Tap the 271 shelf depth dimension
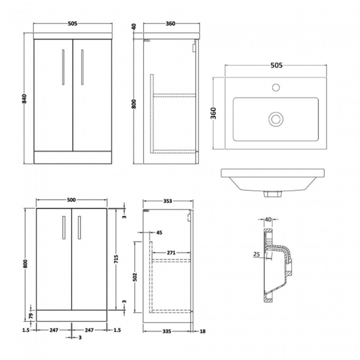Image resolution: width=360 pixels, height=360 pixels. (x=171, y=253)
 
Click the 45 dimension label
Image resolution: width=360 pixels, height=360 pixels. (x=160, y=233)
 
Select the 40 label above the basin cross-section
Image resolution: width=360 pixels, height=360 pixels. (x=269, y=219)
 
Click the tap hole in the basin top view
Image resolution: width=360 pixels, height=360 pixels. (x=275, y=88)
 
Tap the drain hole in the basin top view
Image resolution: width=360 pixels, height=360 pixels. (x=275, y=118)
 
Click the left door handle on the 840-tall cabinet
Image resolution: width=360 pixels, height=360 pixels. (x=63, y=67)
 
